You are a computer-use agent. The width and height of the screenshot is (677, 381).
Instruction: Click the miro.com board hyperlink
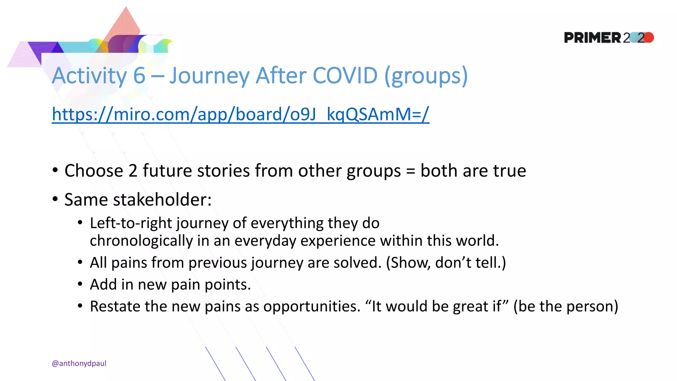tap(240, 114)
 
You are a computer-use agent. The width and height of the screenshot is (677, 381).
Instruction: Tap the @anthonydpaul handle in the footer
tap(79, 363)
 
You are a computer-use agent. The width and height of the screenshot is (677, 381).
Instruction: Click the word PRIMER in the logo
tap(592, 38)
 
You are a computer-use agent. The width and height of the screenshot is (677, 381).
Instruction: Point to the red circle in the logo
tap(649, 37)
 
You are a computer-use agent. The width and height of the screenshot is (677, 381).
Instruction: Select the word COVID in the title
tap(345, 75)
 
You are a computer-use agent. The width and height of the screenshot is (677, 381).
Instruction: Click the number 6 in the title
tap(139, 75)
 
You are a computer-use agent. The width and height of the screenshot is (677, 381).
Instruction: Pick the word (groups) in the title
tap(426, 76)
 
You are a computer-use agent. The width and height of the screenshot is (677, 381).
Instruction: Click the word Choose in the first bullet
tap(94, 171)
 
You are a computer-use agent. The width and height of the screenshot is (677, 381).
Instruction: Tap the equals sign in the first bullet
tap(410, 171)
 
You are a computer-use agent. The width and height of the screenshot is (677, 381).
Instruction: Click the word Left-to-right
tap(131, 223)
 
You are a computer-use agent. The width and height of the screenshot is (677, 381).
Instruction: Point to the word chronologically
tap(141, 241)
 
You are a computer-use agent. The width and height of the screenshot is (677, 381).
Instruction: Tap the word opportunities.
tap(312, 306)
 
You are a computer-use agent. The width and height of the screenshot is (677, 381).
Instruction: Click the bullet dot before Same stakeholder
tap(55, 199)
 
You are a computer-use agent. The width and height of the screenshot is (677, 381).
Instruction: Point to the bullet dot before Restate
tap(80, 306)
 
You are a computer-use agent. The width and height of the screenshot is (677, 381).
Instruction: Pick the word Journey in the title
tap(209, 76)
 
